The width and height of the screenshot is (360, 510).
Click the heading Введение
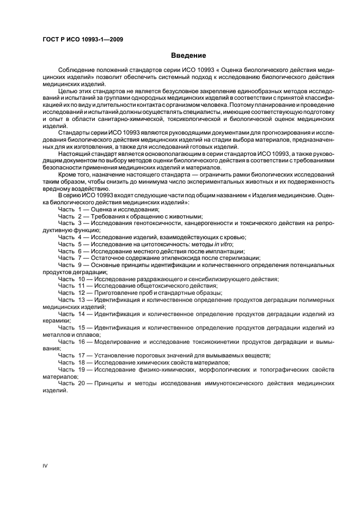188,56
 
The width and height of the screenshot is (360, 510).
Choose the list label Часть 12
72,293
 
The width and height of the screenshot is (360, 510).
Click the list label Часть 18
72,362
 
